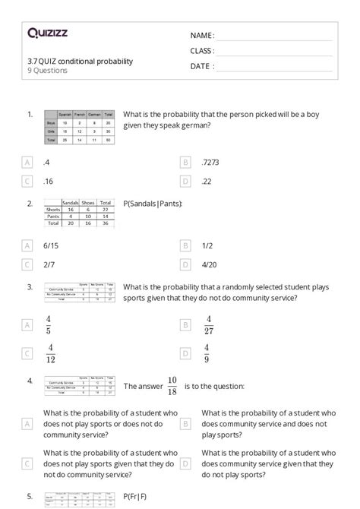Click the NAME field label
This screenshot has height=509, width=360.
point(202,36)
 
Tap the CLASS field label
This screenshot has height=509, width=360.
point(202,51)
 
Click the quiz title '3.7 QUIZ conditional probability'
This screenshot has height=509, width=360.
point(80,61)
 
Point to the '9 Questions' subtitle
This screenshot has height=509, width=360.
point(47,71)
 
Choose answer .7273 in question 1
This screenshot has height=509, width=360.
point(211,163)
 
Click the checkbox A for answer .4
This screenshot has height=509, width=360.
point(28,163)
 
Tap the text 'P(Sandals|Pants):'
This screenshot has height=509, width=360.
point(152,204)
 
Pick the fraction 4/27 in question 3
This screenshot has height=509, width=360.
point(209,324)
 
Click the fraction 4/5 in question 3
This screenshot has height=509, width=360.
point(49,324)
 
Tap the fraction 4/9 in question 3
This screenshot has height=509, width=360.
point(207,353)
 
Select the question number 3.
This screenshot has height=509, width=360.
point(30,286)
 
